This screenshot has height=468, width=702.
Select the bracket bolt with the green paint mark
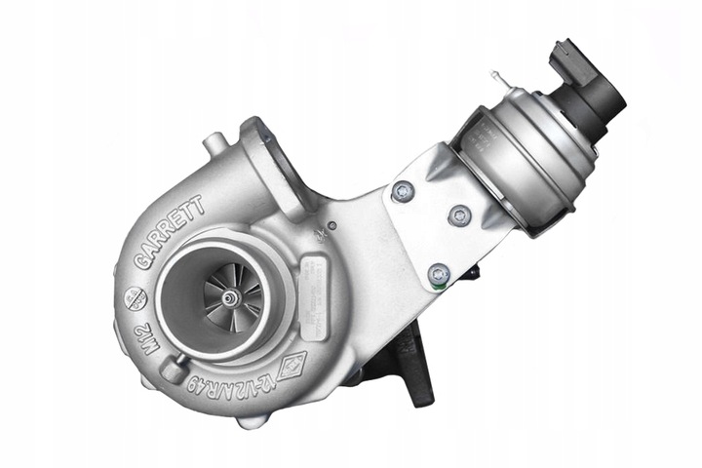tap(439, 276)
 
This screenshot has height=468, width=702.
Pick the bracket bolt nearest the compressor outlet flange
tap(401, 192)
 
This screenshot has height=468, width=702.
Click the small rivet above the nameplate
tap(331, 225)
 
